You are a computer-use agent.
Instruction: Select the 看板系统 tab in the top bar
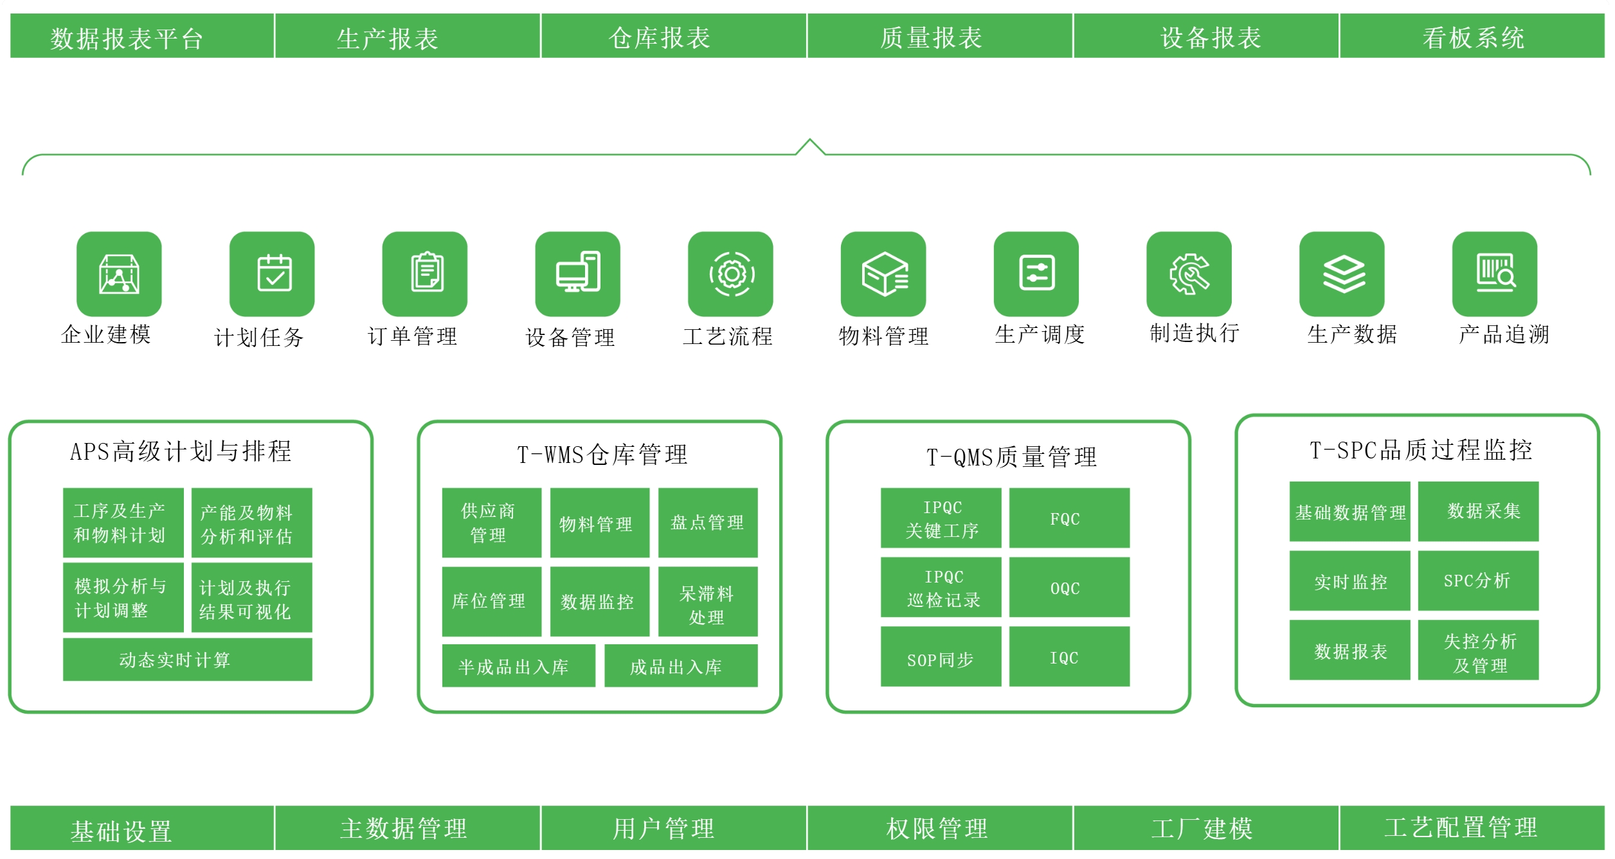[x=1472, y=37]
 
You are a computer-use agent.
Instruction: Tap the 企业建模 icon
[x=119, y=274]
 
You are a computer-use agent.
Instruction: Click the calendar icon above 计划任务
[x=272, y=274]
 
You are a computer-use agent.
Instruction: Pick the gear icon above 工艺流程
[x=730, y=274]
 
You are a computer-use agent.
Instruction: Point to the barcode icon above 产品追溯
[x=1494, y=274]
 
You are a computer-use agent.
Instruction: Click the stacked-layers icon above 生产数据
[x=1342, y=274]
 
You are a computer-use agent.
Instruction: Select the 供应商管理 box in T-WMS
[x=491, y=523]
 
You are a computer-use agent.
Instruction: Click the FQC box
[x=1069, y=518]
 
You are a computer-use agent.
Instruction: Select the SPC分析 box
[x=1478, y=581]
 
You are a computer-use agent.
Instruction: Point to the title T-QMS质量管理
[x=1011, y=457]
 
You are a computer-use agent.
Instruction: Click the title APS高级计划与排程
[x=181, y=451]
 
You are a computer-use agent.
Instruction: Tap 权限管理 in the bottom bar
[x=939, y=828]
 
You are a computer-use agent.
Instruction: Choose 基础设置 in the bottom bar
[x=122, y=831]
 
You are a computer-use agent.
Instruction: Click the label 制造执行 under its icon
[x=1194, y=333]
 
